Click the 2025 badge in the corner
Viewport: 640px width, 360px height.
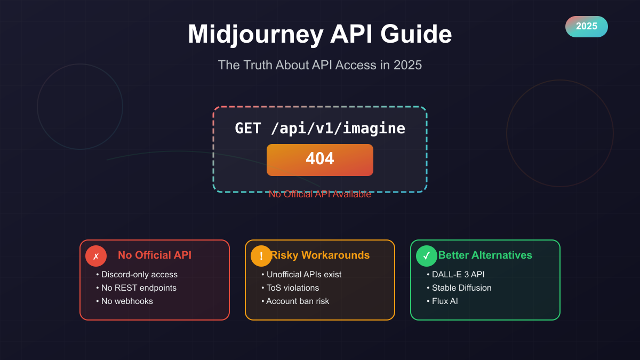pos(586,26)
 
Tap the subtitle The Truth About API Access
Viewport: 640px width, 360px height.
pos(319,65)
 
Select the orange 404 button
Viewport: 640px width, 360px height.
pos(319,159)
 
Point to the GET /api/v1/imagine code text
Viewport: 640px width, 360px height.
pos(319,129)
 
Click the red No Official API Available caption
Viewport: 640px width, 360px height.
pos(319,194)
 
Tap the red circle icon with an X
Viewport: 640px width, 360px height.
pos(96,256)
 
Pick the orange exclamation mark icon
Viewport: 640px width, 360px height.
pos(261,256)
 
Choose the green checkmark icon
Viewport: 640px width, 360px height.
pos(427,256)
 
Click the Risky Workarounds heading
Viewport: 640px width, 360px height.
pos(320,255)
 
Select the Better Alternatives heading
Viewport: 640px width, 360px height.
pos(485,255)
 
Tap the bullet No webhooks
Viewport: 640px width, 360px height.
pos(127,301)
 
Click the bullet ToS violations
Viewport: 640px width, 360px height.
pos(293,288)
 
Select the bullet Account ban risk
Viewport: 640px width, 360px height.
pos(298,301)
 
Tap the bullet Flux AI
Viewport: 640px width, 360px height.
pos(445,301)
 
